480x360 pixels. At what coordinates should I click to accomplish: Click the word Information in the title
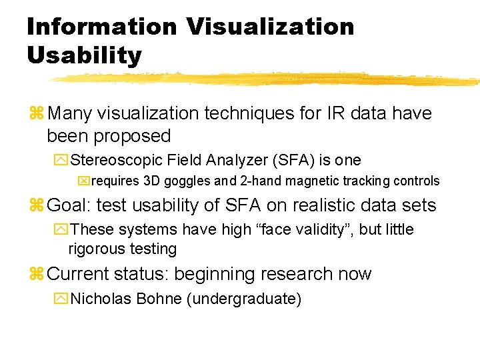(102, 27)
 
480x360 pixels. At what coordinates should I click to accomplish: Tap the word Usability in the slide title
(84, 55)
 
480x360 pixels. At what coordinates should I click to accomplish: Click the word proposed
(132, 136)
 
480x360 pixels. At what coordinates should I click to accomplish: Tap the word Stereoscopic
(117, 160)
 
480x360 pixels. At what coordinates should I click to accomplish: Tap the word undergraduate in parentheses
(244, 299)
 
